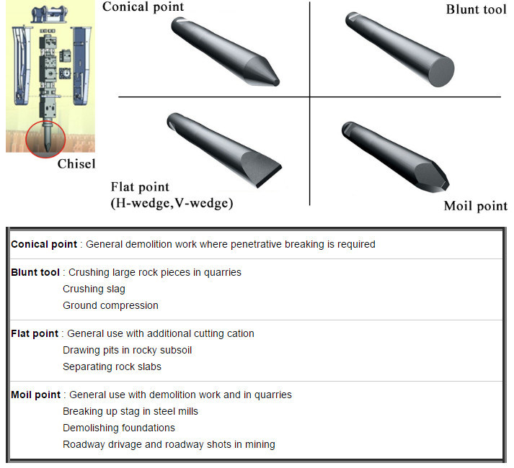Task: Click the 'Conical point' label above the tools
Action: (x=143, y=7)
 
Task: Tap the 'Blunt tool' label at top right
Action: (x=476, y=9)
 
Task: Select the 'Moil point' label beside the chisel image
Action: (x=475, y=207)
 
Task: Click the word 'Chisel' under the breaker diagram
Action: (x=76, y=164)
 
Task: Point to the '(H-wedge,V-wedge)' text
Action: (x=172, y=203)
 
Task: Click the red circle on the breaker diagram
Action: (x=45, y=140)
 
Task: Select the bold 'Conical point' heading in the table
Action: (x=44, y=244)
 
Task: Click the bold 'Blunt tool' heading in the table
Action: (x=35, y=272)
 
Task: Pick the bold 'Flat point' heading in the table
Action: (x=35, y=333)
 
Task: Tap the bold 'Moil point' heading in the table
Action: (x=36, y=395)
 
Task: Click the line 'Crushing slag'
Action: (x=94, y=289)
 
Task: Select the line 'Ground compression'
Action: (x=110, y=305)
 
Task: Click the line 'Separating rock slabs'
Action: (x=112, y=366)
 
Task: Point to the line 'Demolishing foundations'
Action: (x=119, y=428)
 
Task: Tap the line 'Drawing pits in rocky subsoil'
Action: (x=127, y=350)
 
